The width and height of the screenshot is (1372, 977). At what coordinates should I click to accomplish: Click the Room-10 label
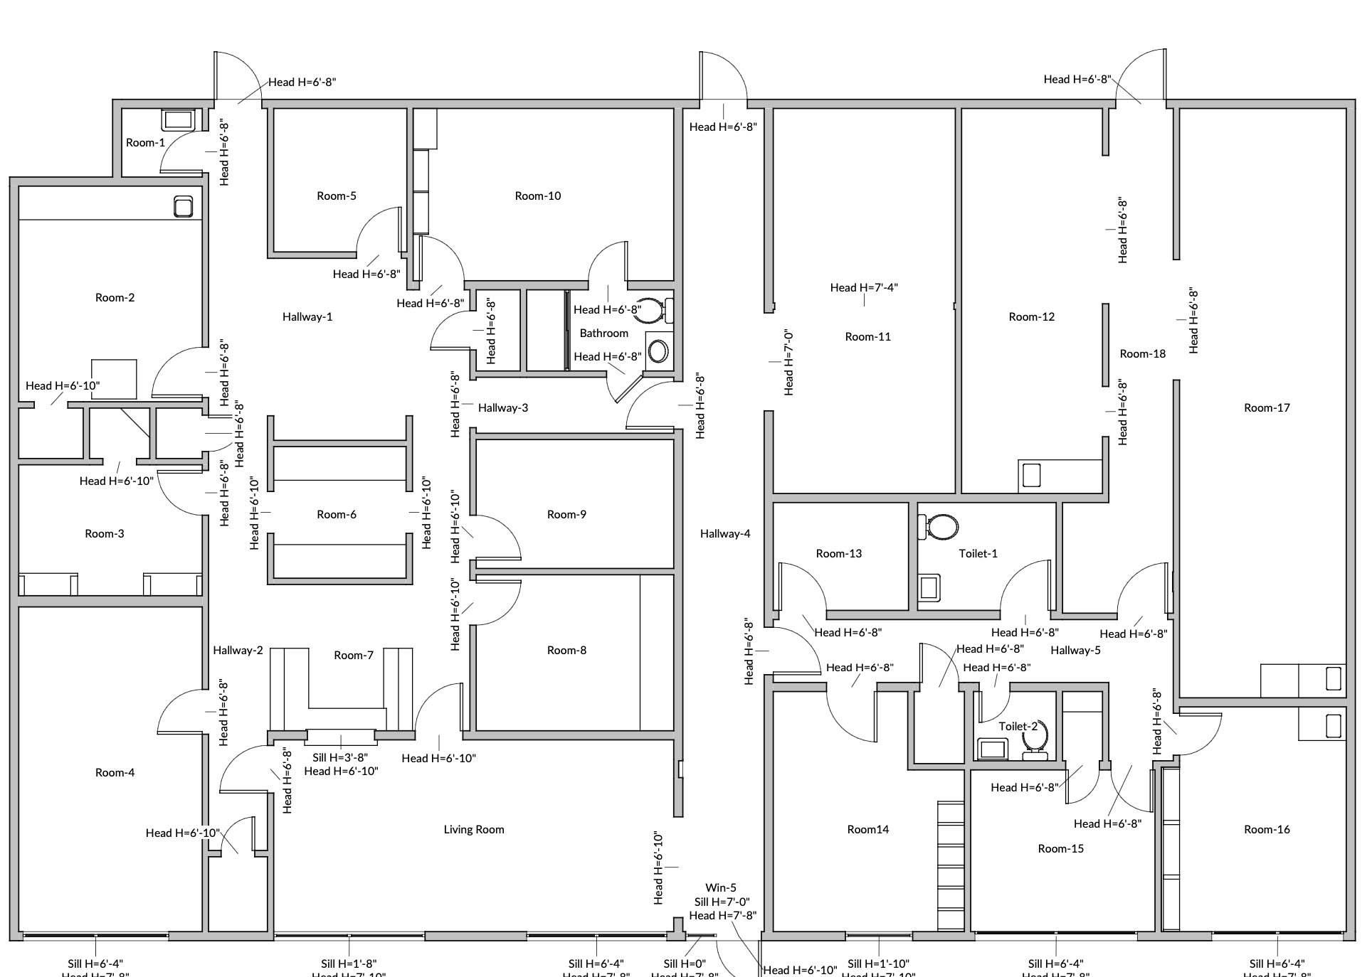tap(538, 196)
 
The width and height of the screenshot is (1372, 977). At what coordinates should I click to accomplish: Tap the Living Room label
tap(474, 830)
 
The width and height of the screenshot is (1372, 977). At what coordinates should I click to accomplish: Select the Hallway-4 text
tap(725, 534)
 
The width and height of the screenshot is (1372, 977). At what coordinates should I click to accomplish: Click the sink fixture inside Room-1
tap(178, 119)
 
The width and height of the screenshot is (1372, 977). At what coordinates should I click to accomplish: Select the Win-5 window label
tap(721, 888)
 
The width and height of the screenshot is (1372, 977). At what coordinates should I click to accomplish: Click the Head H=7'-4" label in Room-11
tap(864, 288)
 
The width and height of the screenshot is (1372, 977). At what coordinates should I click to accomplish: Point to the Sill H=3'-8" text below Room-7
tap(340, 758)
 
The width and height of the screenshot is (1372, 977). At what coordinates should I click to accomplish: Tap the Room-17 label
tap(1267, 408)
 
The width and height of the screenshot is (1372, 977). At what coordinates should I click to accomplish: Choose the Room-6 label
tap(337, 515)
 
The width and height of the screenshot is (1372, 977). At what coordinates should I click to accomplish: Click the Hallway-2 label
tap(238, 651)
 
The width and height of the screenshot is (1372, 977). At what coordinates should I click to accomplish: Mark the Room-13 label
tap(839, 554)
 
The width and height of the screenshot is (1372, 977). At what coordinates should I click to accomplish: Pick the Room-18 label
tap(1143, 354)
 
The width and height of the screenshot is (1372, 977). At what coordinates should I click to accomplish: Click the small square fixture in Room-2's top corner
tap(184, 207)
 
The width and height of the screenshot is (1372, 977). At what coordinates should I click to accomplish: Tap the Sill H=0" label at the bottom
tap(684, 964)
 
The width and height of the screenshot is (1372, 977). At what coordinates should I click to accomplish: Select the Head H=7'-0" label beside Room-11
tap(788, 363)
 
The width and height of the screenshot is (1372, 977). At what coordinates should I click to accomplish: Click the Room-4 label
tap(115, 773)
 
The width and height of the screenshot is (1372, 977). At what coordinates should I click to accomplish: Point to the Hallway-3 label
tap(503, 408)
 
